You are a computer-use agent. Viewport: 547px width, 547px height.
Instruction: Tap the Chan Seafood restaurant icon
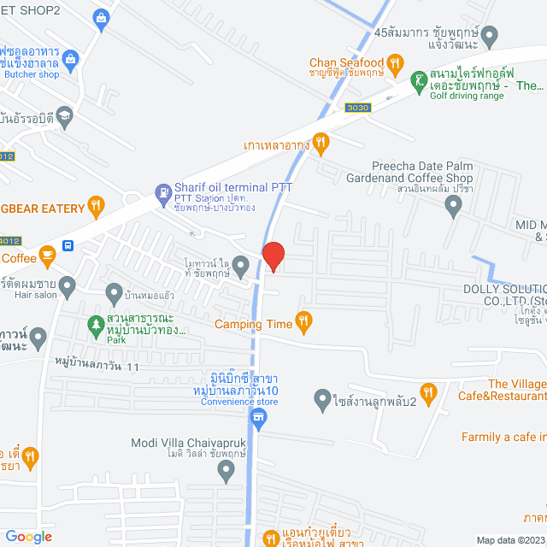[x=394, y=62]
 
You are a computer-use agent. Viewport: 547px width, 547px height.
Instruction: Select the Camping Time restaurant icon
[x=303, y=322]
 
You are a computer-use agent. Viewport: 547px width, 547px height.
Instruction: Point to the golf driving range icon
[x=418, y=82]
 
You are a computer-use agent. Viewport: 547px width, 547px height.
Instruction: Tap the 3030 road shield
[x=360, y=107]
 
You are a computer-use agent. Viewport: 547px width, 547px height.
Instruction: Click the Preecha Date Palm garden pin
[x=454, y=204]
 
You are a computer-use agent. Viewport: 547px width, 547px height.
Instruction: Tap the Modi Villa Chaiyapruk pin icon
[x=226, y=468]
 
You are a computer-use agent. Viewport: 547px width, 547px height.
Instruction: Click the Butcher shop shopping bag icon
[x=70, y=60]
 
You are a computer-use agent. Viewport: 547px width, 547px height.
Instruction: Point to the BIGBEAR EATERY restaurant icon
[x=96, y=206]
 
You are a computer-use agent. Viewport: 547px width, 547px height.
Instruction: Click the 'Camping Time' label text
[x=253, y=324]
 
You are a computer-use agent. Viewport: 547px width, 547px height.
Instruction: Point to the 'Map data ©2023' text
[x=509, y=539]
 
